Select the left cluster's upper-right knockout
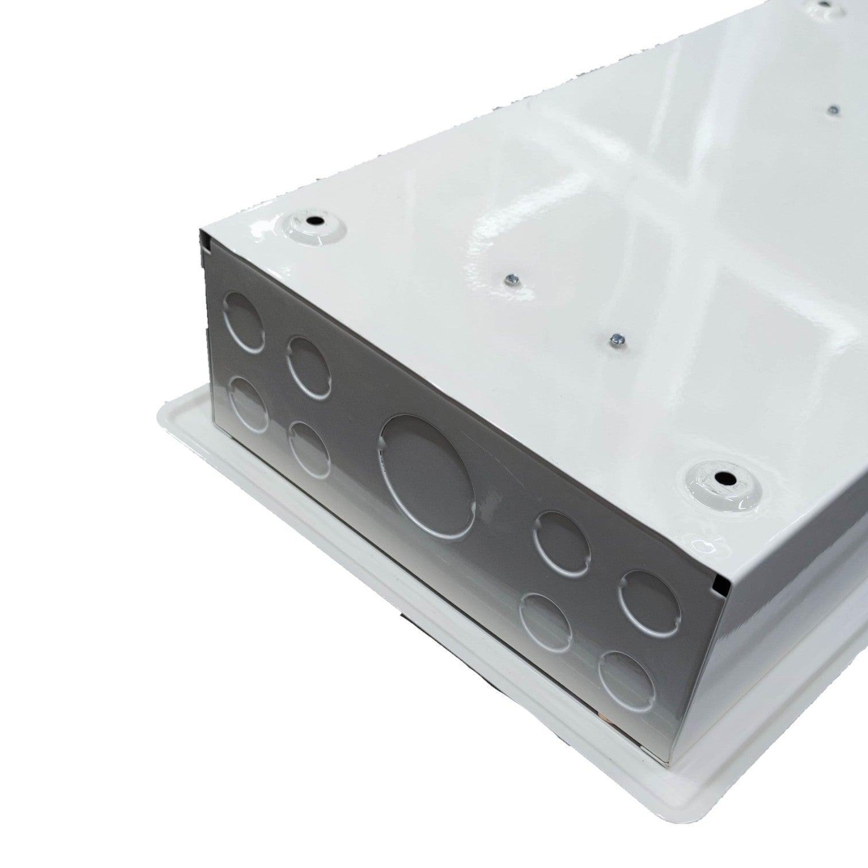(x=309, y=367)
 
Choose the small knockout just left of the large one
(x=310, y=449)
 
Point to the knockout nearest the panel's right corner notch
(x=649, y=598)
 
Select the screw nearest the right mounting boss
(x=617, y=338)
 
